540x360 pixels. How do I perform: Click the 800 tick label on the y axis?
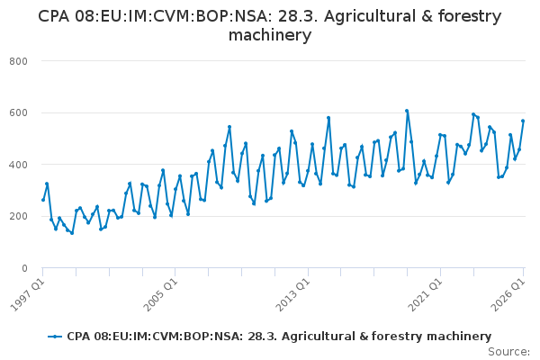(x=18, y=61)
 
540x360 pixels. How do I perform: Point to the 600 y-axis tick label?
(x=18, y=113)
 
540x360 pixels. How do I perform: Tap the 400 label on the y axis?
(x=18, y=165)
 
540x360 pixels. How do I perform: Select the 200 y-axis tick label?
(x=18, y=216)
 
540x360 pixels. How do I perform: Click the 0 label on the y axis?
(x=24, y=268)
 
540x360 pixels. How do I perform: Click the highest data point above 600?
(x=407, y=111)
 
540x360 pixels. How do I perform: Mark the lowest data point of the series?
(x=72, y=233)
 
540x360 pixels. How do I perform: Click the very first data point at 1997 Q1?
(x=43, y=200)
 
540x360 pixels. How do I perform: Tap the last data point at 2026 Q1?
(x=523, y=121)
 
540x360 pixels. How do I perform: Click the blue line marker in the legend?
(x=55, y=337)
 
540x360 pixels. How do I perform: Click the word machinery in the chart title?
(x=270, y=35)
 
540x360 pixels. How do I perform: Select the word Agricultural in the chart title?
(x=370, y=16)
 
